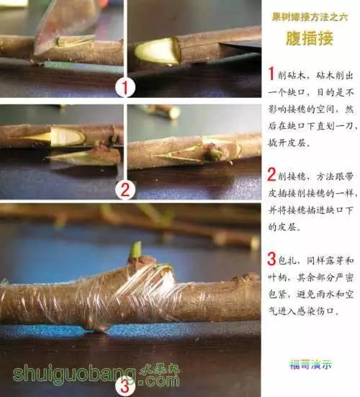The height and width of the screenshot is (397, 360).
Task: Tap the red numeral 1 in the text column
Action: point(271,73)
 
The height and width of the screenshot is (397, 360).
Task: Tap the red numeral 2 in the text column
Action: point(271,174)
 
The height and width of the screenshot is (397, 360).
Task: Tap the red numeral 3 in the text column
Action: point(271,259)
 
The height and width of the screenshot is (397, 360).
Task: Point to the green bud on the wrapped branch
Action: point(135,250)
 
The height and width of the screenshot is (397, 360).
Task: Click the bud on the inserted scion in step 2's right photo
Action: point(214,152)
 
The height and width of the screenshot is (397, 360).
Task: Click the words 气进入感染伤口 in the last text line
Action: point(306,313)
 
